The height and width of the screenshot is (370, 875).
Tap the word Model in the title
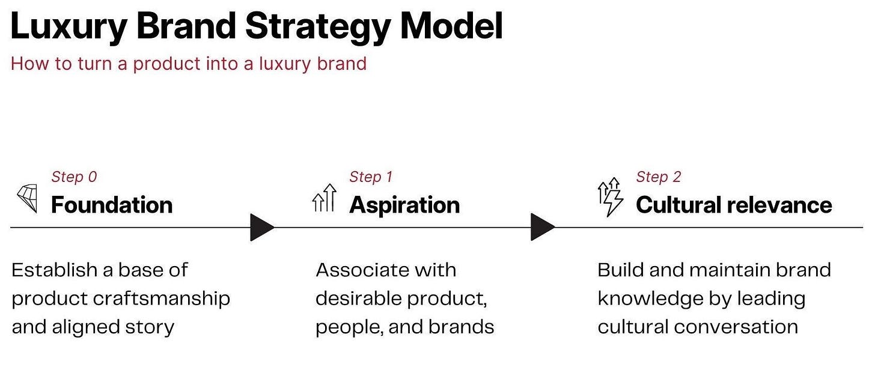click(x=451, y=26)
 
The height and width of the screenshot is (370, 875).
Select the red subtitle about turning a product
click(x=188, y=63)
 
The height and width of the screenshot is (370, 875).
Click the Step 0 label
click(x=74, y=177)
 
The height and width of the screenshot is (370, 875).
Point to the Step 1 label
click(x=371, y=177)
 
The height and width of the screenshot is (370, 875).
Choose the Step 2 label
click(x=659, y=177)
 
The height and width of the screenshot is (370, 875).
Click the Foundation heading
click(x=112, y=205)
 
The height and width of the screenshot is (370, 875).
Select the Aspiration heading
click(x=404, y=205)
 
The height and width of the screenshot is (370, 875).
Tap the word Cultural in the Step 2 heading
click(x=678, y=205)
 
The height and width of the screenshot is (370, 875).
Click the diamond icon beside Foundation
click(x=27, y=199)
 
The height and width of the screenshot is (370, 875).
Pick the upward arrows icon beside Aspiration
click(x=324, y=199)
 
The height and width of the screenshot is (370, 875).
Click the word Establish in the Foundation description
click(x=54, y=270)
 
